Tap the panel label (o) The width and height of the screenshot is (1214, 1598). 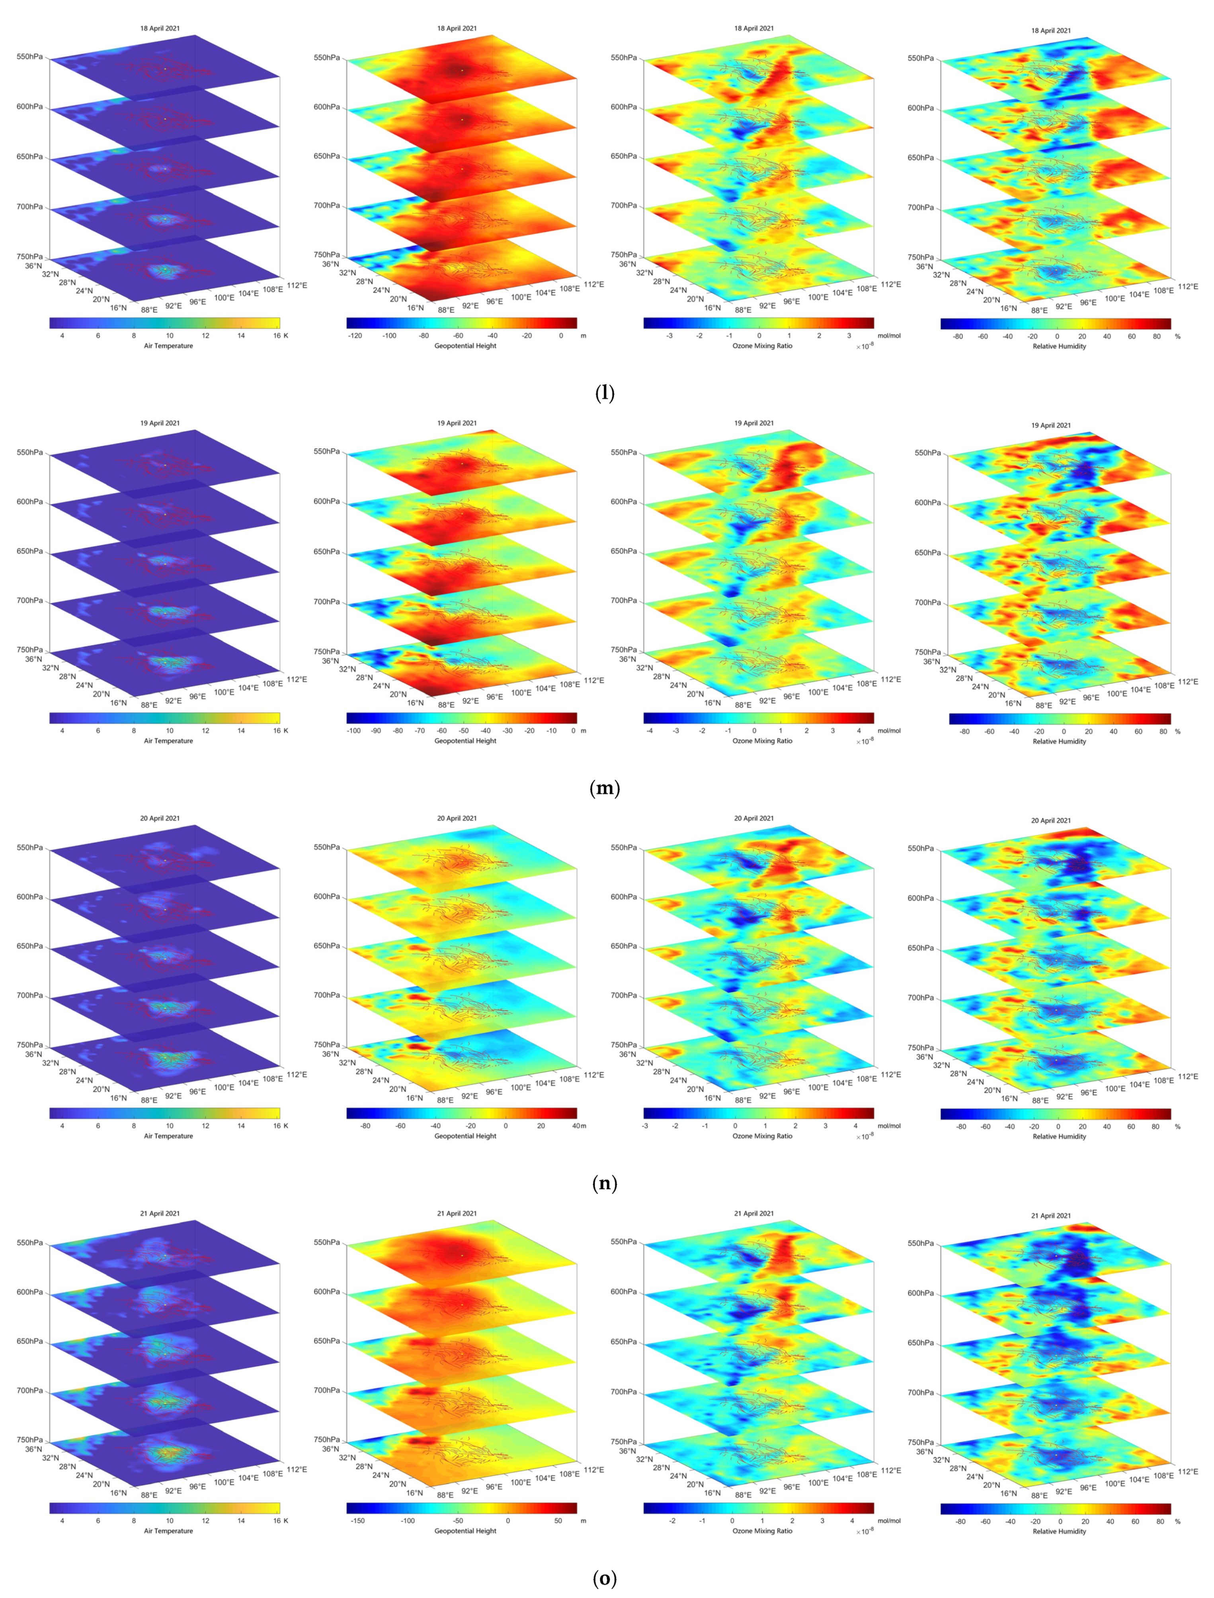(605, 1578)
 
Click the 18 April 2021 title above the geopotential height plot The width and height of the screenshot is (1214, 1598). (457, 28)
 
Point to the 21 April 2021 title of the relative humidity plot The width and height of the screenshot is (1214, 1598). (1051, 1216)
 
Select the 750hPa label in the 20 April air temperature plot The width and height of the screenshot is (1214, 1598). (29, 1044)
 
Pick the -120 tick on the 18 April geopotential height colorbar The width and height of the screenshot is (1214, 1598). (354, 335)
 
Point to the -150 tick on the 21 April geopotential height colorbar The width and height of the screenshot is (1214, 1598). (357, 1521)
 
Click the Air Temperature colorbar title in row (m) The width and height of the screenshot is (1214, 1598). (168, 741)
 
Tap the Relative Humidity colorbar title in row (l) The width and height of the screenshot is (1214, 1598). (1059, 346)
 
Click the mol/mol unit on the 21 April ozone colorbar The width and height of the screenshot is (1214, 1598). (889, 1521)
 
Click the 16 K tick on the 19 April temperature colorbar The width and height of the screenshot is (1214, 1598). (280, 731)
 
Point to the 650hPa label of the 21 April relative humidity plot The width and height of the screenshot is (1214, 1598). (921, 1343)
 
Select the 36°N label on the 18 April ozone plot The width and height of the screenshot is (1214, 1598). (627, 264)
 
